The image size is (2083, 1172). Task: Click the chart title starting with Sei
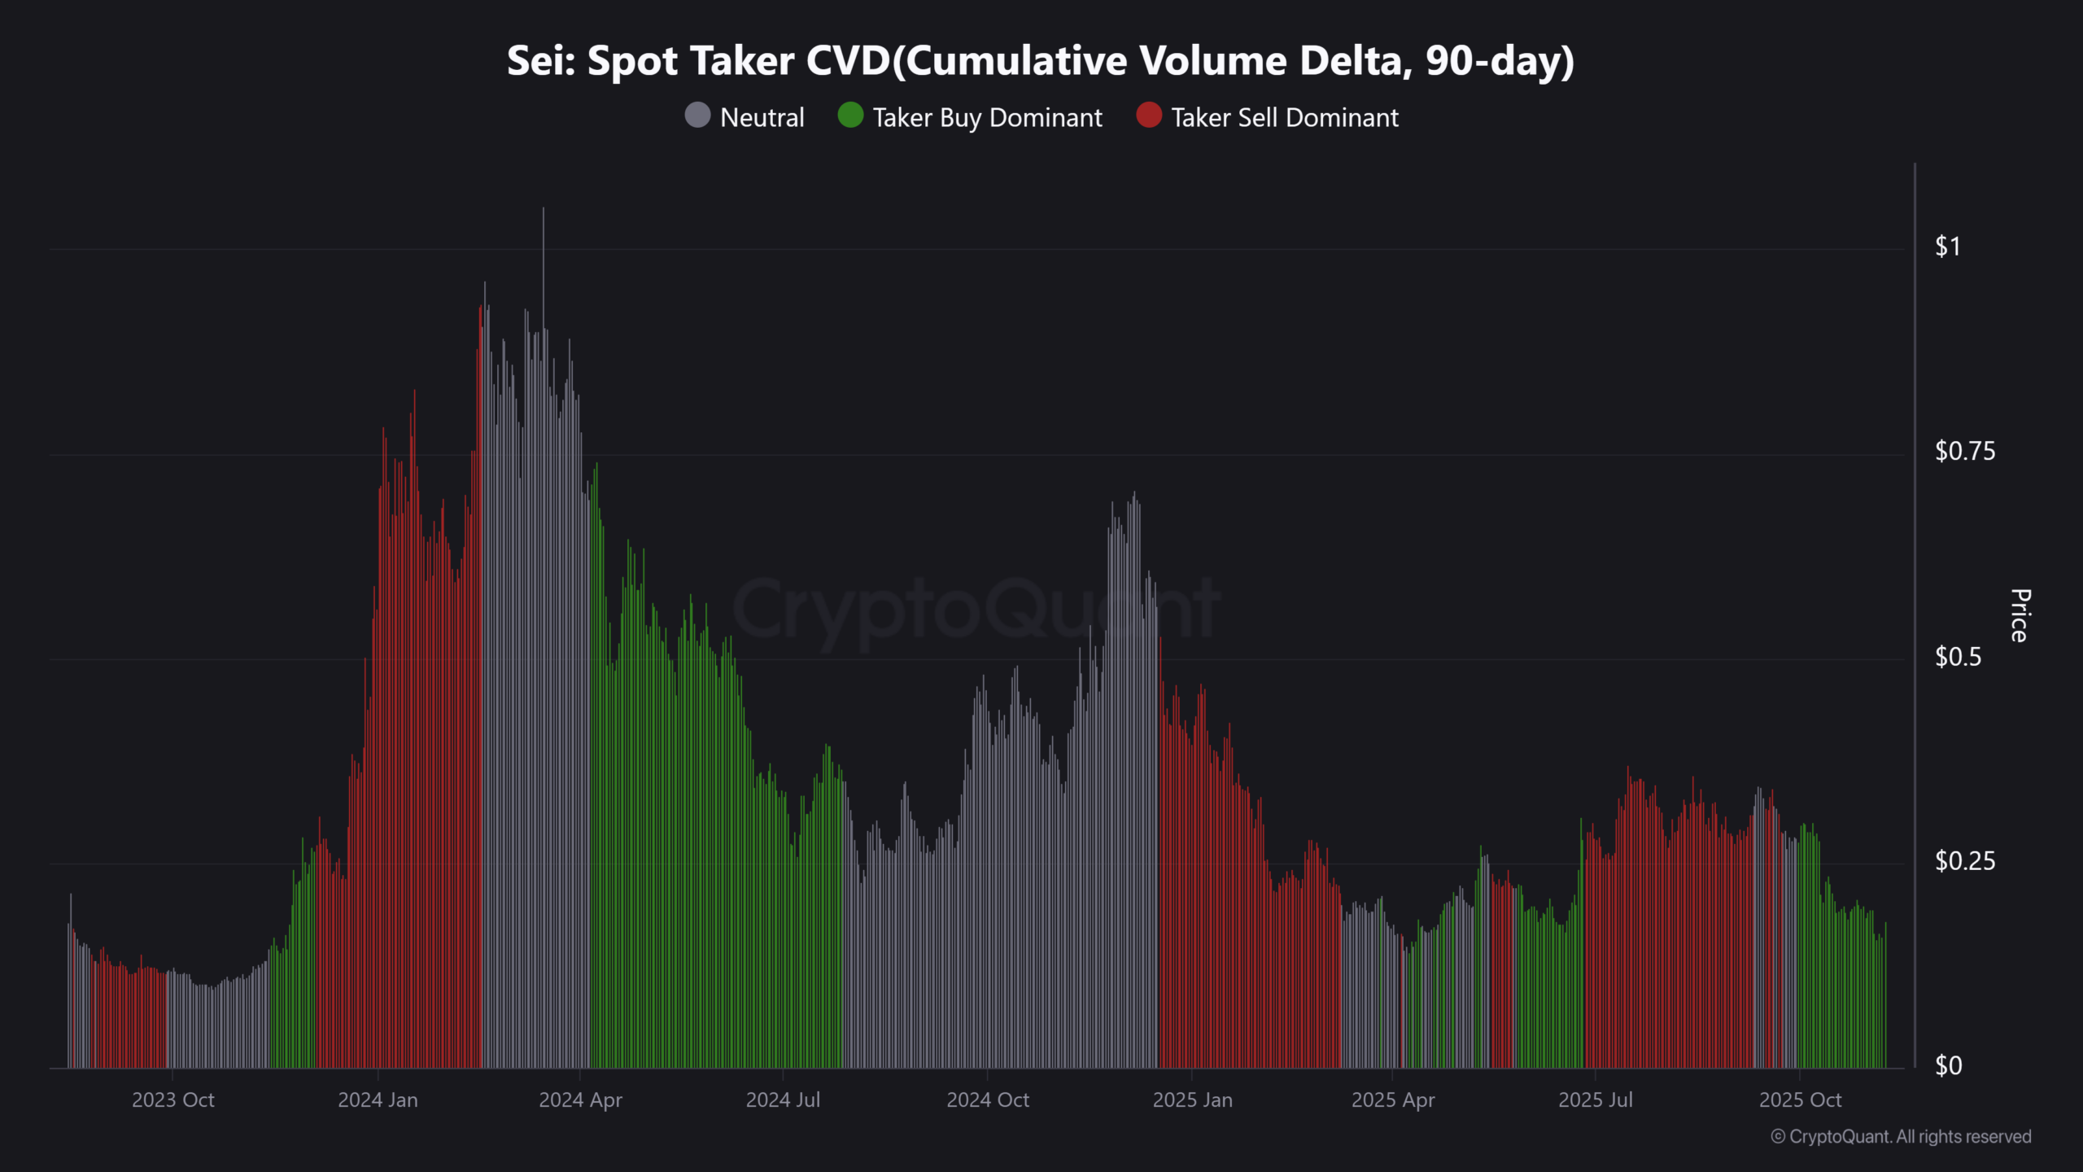point(1041,61)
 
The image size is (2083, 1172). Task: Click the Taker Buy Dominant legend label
point(987,117)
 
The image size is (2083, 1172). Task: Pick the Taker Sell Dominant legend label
point(1285,117)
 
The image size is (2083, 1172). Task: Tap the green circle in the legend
point(850,116)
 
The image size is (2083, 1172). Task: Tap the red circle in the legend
point(1149,116)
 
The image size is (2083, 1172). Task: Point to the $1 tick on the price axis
point(1948,246)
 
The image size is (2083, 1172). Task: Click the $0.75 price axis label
point(1965,451)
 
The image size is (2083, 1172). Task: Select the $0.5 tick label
point(1959,656)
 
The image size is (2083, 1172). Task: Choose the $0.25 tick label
point(1965,861)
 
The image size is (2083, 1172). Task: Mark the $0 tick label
point(1949,1065)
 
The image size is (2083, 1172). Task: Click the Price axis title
point(2020,615)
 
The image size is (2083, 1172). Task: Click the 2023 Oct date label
point(172,1100)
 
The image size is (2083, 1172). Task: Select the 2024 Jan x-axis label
point(378,1100)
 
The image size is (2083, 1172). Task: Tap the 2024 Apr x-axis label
point(580,1100)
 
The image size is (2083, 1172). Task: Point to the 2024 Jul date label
point(783,1100)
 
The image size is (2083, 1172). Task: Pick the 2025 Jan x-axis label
point(1192,1100)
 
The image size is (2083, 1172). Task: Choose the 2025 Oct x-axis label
point(1800,1100)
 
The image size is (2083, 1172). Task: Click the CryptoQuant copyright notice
point(1901,1136)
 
